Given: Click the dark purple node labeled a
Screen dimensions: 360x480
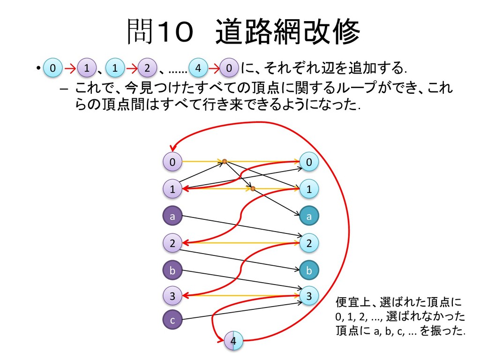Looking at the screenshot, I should [x=172, y=217].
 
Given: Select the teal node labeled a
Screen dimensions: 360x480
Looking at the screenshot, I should [x=308, y=217].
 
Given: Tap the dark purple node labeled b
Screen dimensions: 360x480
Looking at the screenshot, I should [x=172, y=270].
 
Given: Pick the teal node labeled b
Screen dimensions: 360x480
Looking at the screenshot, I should [x=308, y=270].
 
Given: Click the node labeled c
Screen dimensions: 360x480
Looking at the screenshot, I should [x=172, y=320].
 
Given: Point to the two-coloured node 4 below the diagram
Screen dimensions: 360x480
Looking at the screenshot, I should [x=234, y=340].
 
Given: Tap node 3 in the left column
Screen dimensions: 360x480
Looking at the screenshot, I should [x=172, y=296].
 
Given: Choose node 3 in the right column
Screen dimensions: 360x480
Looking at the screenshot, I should [x=308, y=296].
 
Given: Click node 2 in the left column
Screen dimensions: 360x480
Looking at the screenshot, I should [x=172, y=243].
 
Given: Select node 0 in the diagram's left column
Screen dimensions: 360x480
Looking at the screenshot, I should [x=172, y=162].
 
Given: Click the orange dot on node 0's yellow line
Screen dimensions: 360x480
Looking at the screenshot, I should [x=225, y=162].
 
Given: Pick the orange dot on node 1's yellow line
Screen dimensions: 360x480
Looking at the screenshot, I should [x=252, y=188].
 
